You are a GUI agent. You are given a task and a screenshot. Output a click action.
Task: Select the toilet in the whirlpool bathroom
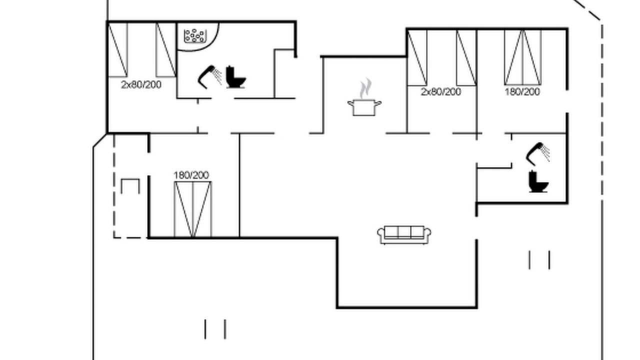tap(235, 77)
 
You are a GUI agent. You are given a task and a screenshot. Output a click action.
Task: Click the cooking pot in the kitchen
tap(364, 107)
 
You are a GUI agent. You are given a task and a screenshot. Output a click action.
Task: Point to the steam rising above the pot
tap(365, 88)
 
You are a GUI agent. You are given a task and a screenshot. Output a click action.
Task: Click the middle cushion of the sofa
tap(404, 232)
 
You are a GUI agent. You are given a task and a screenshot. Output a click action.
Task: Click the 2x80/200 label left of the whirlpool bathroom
tap(141, 84)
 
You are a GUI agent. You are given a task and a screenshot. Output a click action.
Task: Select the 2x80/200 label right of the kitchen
tap(441, 91)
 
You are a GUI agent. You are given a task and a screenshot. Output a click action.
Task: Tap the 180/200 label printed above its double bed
tap(191, 175)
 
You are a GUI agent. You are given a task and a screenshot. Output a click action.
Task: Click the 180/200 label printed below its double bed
tap(522, 91)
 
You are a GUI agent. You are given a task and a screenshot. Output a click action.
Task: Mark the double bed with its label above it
tap(193, 209)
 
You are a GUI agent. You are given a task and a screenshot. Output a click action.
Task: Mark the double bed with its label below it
tap(523, 57)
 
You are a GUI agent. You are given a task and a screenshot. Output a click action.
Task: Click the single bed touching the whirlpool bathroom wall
tap(166, 49)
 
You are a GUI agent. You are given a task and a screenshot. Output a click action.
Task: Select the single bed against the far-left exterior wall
tap(117, 49)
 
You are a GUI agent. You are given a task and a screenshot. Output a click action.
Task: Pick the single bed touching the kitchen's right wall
tap(417, 57)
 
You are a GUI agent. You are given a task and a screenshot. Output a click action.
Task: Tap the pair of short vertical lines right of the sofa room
tap(539, 260)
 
